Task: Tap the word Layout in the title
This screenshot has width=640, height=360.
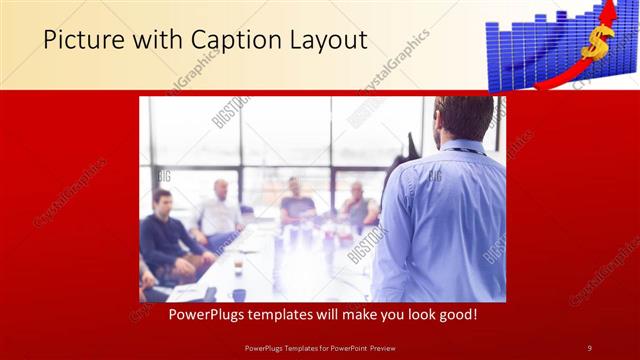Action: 327,40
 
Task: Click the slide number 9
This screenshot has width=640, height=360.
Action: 589,347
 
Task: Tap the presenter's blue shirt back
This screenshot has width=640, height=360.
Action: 440,220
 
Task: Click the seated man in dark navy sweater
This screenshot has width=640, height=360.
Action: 165,240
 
